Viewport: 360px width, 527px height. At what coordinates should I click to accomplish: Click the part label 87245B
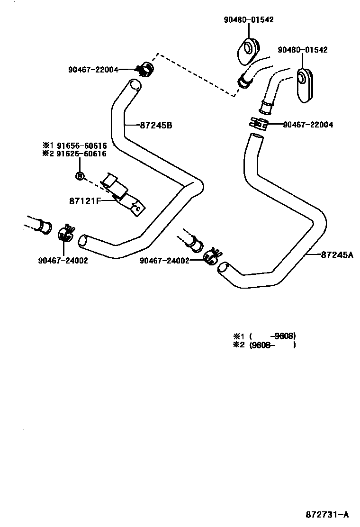(x=156, y=126)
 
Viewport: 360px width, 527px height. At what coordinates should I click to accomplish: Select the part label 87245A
(x=337, y=254)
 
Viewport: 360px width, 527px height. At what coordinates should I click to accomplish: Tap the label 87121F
(x=86, y=200)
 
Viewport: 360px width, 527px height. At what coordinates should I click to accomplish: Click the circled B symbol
(x=80, y=176)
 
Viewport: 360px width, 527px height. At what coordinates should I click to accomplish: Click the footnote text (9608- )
(x=272, y=345)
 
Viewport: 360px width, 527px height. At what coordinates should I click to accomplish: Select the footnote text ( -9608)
(x=272, y=336)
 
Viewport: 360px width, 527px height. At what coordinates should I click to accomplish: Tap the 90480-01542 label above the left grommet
(x=249, y=20)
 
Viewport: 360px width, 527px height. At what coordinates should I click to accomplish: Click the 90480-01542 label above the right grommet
(x=303, y=50)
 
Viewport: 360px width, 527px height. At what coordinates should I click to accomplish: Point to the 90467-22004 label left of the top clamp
(x=93, y=70)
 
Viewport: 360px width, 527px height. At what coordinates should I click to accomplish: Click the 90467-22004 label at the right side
(x=308, y=125)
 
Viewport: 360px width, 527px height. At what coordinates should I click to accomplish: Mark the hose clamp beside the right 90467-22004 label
(x=258, y=124)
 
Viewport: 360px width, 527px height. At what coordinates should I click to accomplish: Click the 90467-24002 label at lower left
(x=63, y=260)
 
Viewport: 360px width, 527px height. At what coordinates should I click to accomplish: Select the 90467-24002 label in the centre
(x=165, y=260)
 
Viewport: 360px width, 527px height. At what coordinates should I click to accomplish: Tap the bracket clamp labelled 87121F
(x=124, y=194)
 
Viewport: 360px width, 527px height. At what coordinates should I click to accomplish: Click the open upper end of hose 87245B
(x=135, y=85)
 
